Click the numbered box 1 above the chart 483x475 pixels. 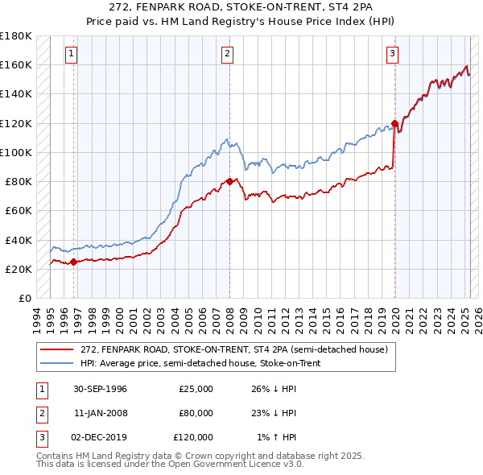pos(72,54)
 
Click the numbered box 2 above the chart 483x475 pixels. pos(228,54)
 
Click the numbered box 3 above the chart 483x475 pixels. pos(392,54)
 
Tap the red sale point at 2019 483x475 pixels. pos(394,123)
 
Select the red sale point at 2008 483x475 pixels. pos(229,181)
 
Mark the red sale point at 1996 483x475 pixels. pos(74,261)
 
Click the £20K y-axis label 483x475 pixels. pos(19,269)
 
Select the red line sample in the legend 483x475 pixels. pos(58,349)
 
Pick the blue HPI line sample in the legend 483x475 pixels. pos(58,363)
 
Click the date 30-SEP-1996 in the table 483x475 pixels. pos(100,389)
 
